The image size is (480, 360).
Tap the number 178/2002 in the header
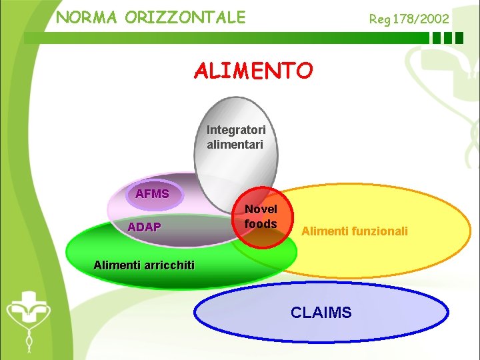[421, 19]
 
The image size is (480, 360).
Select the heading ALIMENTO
[253, 71]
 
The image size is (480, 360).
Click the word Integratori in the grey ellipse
[236, 129]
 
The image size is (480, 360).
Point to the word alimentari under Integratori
[235, 144]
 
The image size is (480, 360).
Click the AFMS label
[152, 194]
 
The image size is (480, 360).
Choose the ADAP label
[144, 227]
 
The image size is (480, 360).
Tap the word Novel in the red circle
[261, 209]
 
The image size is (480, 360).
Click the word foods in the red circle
[261, 224]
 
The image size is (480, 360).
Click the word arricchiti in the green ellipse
[167, 265]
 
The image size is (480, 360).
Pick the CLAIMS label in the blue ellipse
[321, 312]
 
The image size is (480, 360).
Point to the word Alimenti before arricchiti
[115, 265]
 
